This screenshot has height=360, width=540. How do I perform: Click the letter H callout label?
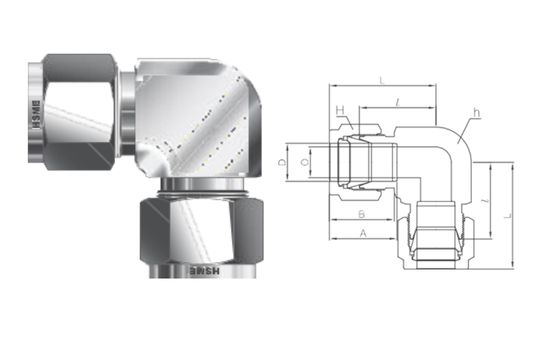(341, 110)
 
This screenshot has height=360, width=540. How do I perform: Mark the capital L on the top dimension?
(382, 79)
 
